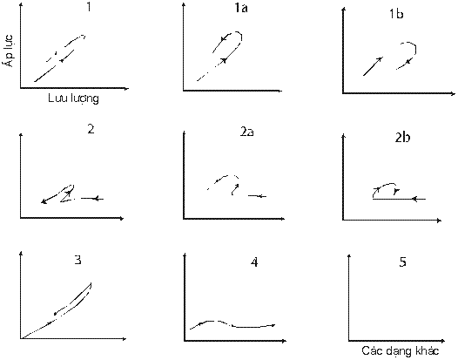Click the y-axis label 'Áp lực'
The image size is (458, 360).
tap(10, 50)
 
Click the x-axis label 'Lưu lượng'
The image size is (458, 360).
tap(74, 98)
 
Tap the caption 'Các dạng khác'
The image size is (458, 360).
tap(401, 350)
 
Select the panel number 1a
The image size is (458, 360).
tap(241, 8)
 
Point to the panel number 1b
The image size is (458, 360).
tap(396, 14)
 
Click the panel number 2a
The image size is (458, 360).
tap(246, 132)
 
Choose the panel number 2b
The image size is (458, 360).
tap(402, 138)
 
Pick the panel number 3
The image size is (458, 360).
tap(77, 260)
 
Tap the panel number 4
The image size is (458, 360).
tap(254, 262)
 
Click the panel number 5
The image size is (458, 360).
tap(402, 262)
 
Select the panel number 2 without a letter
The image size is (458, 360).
tap(91, 129)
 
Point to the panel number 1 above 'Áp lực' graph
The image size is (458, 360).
tap(89, 6)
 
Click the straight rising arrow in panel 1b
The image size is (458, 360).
tap(373, 66)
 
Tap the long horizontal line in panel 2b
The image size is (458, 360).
tap(400, 199)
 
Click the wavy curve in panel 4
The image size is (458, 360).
tap(232, 324)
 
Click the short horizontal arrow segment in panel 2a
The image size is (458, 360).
tap(258, 196)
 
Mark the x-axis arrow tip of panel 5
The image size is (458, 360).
tap(445, 341)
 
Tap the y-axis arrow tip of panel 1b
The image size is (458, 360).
tap(344, 9)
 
